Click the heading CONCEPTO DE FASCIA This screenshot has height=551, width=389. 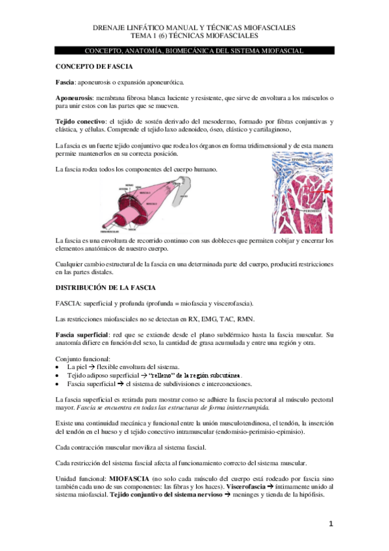[94, 67]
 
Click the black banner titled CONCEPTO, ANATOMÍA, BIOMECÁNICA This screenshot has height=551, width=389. [195, 50]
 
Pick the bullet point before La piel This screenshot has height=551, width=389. [58, 367]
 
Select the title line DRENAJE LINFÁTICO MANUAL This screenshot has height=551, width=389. [195, 28]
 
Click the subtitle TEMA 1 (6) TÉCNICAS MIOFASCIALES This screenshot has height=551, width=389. [195, 36]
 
